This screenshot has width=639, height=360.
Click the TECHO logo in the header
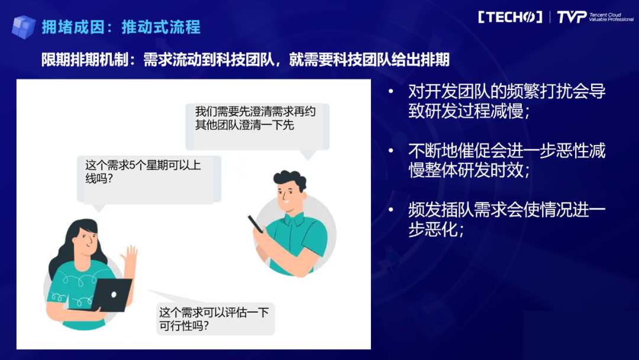tap(509, 17)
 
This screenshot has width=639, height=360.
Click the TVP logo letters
tap(571, 17)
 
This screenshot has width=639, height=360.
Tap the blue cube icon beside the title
tap(24, 27)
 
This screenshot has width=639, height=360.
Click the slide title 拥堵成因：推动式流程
tap(121, 27)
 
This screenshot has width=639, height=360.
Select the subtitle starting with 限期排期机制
tap(245, 60)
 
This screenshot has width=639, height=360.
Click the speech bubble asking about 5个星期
tap(148, 172)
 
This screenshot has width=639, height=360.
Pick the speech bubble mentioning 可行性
tap(214, 319)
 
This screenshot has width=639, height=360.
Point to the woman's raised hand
tap(129, 256)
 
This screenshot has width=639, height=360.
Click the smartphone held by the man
tap(256, 223)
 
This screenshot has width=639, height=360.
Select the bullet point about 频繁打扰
tap(506, 101)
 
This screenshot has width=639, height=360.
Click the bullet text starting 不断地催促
tap(506, 160)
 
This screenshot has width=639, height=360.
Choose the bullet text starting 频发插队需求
tap(506, 219)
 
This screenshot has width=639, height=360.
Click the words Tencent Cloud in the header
tap(605, 14)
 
